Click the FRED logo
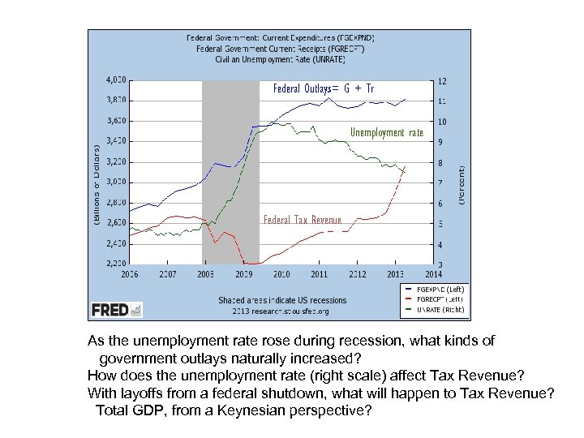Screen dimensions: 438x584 coord(117,309)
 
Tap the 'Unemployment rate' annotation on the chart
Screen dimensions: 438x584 coord(386,132)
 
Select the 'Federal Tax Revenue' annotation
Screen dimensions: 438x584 coord(303,218)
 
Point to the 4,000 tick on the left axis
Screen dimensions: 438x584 coord(115,80)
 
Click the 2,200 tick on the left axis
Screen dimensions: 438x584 coord(115,264)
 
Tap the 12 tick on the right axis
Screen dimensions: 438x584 coord(441,80)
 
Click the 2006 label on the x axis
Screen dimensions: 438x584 coord(129,274)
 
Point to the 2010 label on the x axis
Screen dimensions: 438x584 coord(281,274)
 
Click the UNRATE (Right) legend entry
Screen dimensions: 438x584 coord(440,309)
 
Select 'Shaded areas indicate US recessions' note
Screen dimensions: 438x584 coord(281,300)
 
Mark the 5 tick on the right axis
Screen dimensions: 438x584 coord(440,224)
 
